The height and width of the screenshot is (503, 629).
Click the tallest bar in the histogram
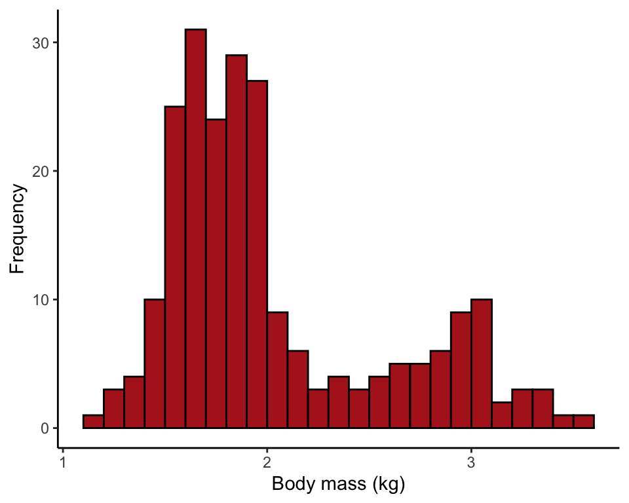point(195,229)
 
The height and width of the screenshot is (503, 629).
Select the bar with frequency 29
point(237,242)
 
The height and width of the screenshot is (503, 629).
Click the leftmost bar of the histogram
point(93,422)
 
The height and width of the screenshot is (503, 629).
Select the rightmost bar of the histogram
point(584,422)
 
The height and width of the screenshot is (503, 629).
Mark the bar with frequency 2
point(502,415)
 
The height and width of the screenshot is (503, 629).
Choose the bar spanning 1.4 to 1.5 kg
point(155,363)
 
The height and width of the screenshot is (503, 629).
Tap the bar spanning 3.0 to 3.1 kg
point(482,363)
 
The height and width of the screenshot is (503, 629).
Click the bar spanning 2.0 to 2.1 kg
point(277,370)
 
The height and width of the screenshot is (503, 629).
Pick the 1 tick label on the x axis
point(63,463)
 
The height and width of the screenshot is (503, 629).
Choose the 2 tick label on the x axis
point(267,463)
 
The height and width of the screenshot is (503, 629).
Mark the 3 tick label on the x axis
point(471,463)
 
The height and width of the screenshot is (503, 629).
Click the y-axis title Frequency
point(18,229)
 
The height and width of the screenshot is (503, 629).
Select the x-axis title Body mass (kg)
point(338,485)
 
